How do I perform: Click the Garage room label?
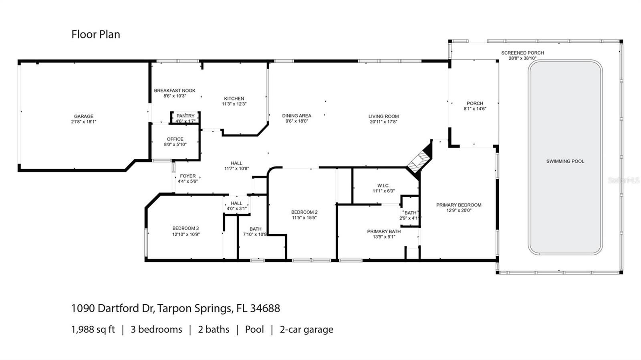coord(84,116)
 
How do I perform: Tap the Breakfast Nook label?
coord(175,91)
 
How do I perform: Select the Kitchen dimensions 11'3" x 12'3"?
coord(234,104)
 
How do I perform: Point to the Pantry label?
coord(185,116)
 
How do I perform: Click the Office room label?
coord(175,139)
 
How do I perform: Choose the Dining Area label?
coord(296,116)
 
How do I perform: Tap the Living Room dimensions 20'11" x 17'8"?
coord(383,122)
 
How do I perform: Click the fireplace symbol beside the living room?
coord(419,160)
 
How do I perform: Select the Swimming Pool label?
coord(565,161)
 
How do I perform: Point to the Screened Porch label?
coord(522,53)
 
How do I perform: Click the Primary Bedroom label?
coord(459,205)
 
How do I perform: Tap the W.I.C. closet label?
coord(383,186)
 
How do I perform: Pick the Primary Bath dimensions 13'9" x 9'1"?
coord(384,237)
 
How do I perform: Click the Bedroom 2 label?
coord(304,212)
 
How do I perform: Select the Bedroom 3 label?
coord(185,228)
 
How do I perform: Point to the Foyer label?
coord(188,176)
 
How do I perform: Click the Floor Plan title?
coord(96,34)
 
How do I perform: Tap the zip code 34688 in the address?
coord(265,308)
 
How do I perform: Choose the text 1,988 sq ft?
coord(93,330)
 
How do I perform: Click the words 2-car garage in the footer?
coord(306,330)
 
